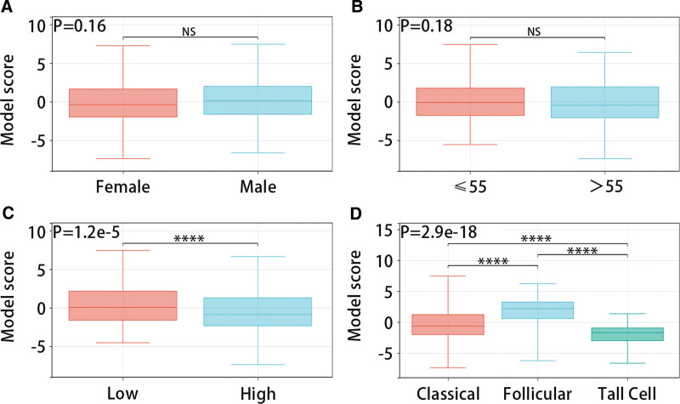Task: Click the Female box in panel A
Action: pyautogui.click(x=123, y=102)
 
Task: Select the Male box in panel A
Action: pyautogui.click(x=258, y=100)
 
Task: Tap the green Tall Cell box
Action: pyautogui.click(x=626, y=334)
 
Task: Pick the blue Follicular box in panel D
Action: pyautogui.click(x=538, y=310)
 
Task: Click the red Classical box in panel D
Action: pyautogui.click(x=449, y=325)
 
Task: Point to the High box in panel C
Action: pyautogui.click(x=258, y=311)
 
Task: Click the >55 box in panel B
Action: pyautogui.click(x=604, y=102)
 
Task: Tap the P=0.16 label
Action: pyautogui.click(x=80, y=26)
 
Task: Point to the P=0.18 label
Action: pyautogui.click(x=426, y=26)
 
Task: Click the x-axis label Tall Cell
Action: pyautogui.click(x=626, y=393)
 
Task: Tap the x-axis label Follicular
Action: pyautogui.click(x=538, y=393)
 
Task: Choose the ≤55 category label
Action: pyautogui.click(x=470, y=190)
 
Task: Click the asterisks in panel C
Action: pyautogui.click(x=190, y=238)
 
